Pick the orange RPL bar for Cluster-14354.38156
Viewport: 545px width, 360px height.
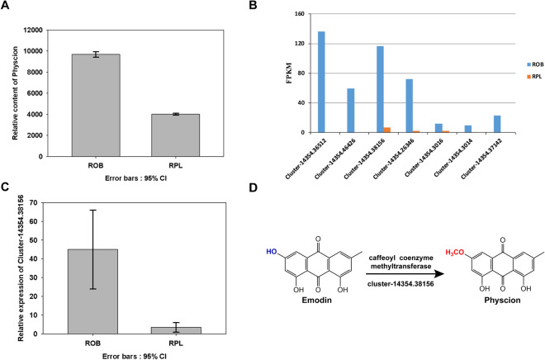pos(387,130)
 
